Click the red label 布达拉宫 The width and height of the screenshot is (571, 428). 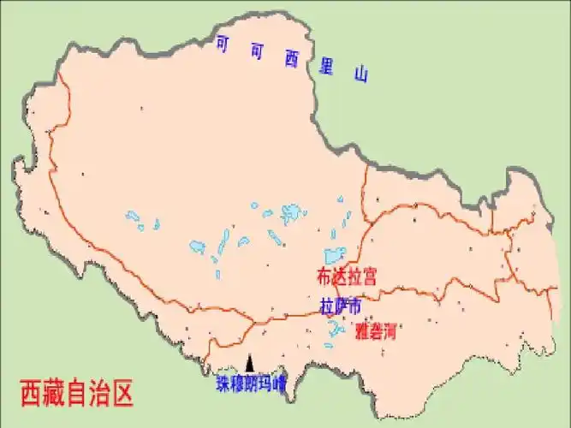(x=347, y=276)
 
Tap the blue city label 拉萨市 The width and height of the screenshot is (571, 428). (x=341, y=306)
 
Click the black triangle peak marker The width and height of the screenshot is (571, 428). (x=250, y=362)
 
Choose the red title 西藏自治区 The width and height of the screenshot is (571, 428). (x=77, y=395)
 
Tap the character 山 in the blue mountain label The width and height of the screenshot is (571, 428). (x=361, y=74)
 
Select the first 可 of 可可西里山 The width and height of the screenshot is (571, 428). (x=223, y=43)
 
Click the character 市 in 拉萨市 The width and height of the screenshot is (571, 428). (x=354, y=306)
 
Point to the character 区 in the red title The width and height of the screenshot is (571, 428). (x=123, y=395)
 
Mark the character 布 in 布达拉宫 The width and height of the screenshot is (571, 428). (x=324, y=276)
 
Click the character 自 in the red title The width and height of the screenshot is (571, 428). (x=77, y=395)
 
